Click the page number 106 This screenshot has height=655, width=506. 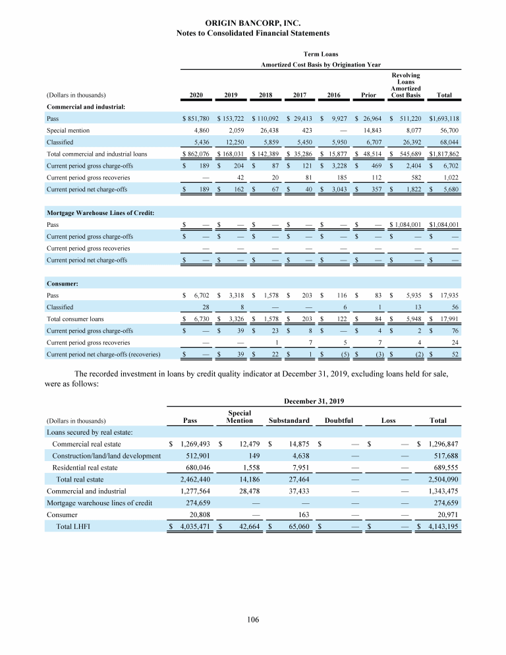click(x=253, y=619)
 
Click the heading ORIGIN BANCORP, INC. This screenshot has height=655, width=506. click(x=253, y=22)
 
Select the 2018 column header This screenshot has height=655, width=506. click(x=266, y=95)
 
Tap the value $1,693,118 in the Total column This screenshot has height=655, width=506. click(x=444, y=119)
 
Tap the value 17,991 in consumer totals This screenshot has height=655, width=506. click(x=448, y=319)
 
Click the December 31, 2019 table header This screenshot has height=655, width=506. click(x=313, y=400)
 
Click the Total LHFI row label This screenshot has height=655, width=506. click(x=72, y=526)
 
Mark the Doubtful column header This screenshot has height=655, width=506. click(x=339, y=420)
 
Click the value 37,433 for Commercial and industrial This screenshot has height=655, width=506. click(x=294, y=491)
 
